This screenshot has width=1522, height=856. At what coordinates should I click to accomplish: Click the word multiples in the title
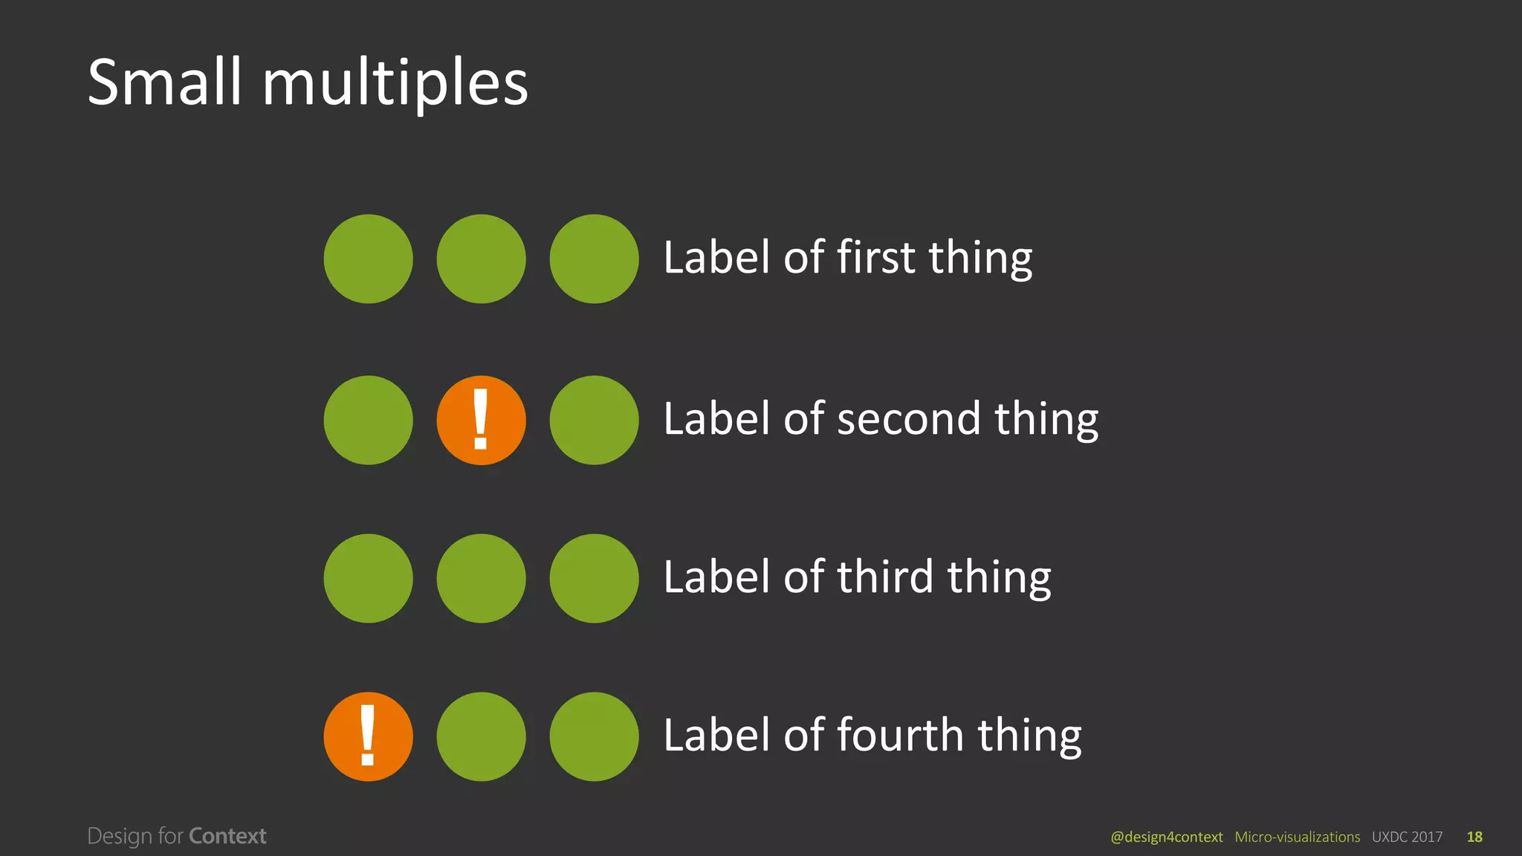click(x=395, y=83)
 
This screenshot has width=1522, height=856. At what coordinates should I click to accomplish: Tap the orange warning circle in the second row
click(x=481, y=420)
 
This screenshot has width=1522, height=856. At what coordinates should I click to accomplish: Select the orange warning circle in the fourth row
click(x=368, y=736)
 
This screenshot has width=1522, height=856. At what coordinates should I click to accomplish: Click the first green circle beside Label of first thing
click(x=368, y=259)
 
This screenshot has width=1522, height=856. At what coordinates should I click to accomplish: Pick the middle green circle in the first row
click(x=481, y=259)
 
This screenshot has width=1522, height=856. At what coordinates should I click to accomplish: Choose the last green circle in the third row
click(x=594, y=578)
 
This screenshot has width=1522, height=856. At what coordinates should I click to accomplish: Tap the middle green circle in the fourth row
click(x=481, y=736)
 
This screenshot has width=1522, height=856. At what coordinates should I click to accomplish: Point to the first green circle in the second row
click(x=368, y=420)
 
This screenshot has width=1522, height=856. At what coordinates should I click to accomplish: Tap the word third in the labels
click(x=885, y=577)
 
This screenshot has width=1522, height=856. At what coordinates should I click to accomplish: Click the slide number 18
click(x=1474, y=837)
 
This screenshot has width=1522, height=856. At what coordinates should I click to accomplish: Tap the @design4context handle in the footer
click(x=1166, y=837)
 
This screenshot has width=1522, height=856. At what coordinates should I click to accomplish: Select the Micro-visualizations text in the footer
click(x=1297, y=837)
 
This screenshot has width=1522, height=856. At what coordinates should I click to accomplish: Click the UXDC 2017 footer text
click(x=1407, y=837)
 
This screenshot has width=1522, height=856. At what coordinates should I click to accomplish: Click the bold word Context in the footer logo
click(x=227, y=836)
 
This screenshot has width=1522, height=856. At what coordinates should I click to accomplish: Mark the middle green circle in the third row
click(x=481, y=578)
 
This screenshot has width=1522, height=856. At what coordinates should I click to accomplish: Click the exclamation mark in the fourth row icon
click(x=367, y=735)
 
